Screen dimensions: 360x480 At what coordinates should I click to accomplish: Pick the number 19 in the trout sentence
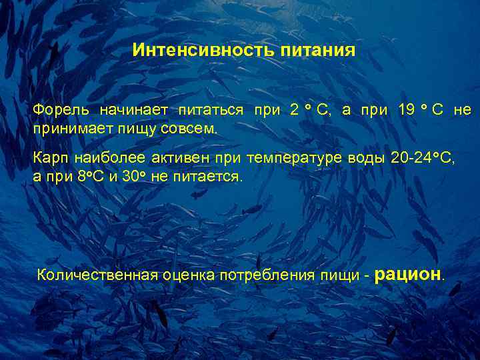(406, 110)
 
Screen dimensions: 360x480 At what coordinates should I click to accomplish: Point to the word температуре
(294, 159)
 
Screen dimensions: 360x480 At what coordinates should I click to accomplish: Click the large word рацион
(409, 273)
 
